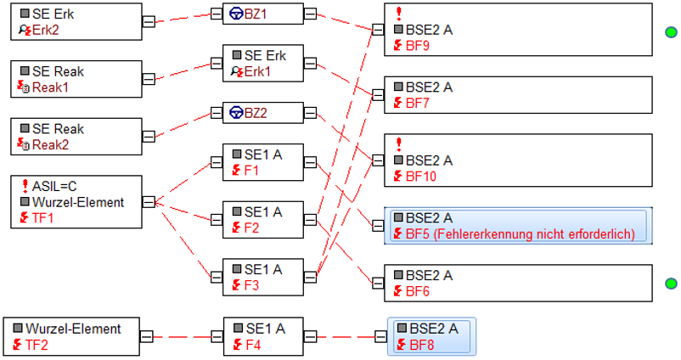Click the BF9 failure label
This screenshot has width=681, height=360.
(418, 46)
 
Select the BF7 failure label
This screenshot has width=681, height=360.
(418, 103)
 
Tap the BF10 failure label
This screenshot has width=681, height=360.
(421, 177)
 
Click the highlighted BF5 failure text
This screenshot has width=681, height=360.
(521, 234)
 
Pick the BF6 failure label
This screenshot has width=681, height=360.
(418, 291)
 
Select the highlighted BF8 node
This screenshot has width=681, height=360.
(431, 336)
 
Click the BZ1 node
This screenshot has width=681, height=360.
(262, 14)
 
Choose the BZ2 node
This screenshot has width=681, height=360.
(262, 113)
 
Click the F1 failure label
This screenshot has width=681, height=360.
(251, 170)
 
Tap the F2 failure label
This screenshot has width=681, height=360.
(251, 228)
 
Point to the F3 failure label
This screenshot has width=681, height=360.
(251, 285)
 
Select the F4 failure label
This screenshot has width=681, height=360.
(253, 345)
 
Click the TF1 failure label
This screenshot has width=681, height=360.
(43, 217)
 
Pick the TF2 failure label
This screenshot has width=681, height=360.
(37, 345)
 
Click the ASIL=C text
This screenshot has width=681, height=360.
(54, 186)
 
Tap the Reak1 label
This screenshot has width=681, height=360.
(50, 87)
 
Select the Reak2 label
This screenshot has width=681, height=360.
(50, 144)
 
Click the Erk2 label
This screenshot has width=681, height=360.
(45, 30)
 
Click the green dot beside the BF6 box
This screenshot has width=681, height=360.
(672, 284)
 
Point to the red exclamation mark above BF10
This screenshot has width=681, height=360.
(399, 144)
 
